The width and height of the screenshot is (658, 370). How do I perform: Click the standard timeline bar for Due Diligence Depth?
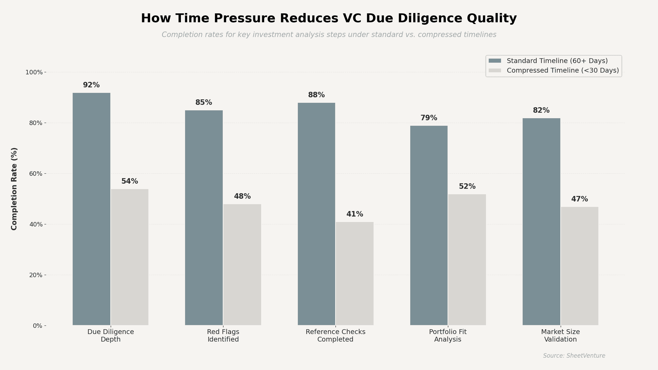92,209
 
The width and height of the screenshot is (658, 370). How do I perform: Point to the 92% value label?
91,85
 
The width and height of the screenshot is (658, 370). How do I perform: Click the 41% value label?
355,214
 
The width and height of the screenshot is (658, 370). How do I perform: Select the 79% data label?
429,118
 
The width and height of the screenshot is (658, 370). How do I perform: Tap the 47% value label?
580,199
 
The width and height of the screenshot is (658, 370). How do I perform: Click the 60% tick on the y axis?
36,174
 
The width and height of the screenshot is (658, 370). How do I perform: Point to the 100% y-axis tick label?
34,72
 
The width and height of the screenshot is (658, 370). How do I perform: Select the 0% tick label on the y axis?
37,326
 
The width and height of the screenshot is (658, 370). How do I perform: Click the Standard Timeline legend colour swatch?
495,61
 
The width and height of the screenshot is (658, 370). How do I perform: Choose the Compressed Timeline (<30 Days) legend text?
563,70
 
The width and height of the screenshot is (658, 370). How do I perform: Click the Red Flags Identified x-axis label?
223,335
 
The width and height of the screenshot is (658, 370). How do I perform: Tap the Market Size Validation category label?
560,335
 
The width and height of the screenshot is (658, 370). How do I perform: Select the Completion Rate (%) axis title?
14,189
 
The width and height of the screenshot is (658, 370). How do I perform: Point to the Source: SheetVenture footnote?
574,356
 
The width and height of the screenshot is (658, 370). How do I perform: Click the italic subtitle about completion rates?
329,35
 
